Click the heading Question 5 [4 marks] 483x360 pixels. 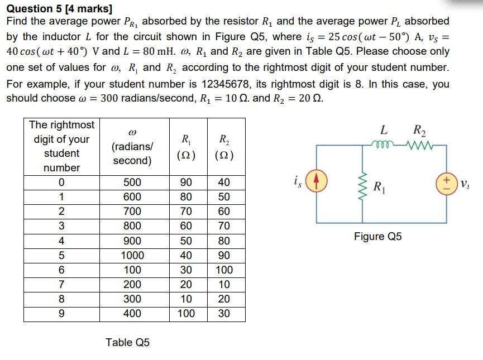pos(59,8)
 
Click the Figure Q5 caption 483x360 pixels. pos(377,236)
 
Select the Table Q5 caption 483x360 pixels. pos(127,342)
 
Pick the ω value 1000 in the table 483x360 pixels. pos(132,256)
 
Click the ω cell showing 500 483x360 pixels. pos(132,183)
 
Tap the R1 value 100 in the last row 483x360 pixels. pos(186,314)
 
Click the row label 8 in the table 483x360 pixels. pos(61,299)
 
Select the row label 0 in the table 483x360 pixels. pos(61,183)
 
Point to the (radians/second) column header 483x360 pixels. pos(132,153)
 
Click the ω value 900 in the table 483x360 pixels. pos(132,241)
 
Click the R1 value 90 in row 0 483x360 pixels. pos(186,183)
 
